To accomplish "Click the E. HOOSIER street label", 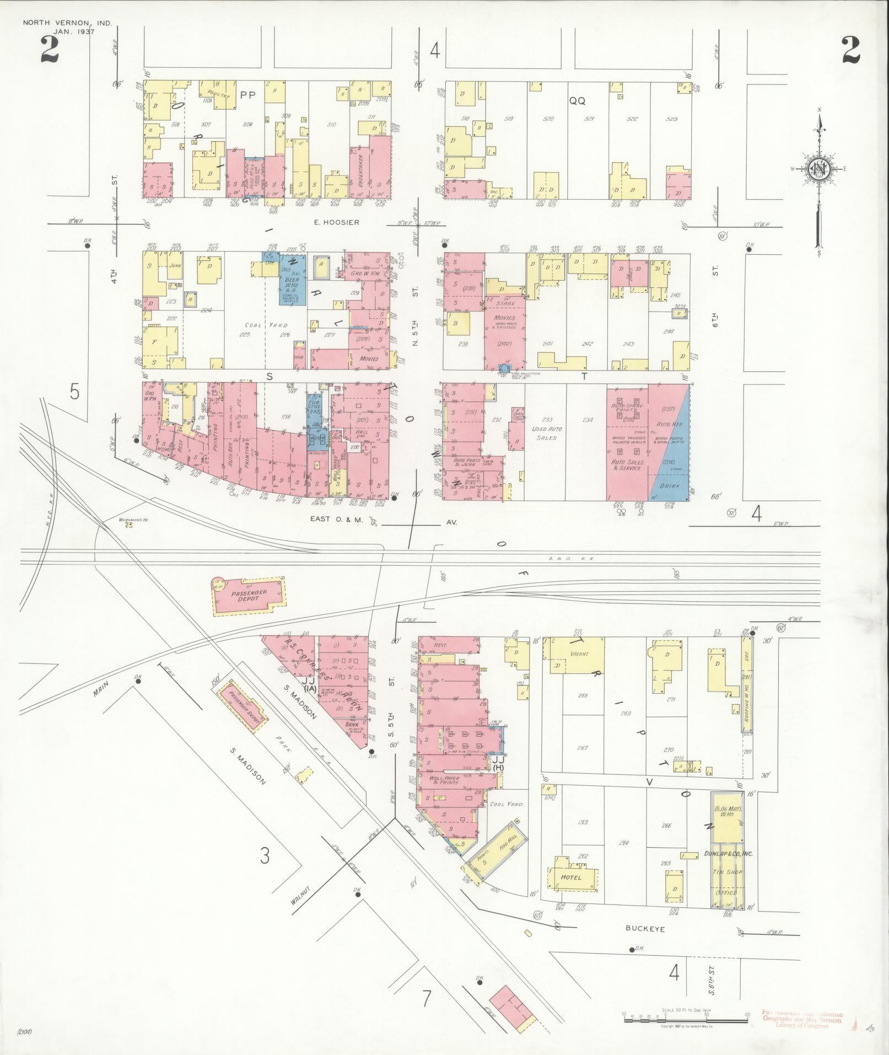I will (x=338, y=222).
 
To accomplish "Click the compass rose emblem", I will (x=819, y=169).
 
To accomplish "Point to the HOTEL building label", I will (x=571, y=877).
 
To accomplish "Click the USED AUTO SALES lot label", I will (x=546, y=433).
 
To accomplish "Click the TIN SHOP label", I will (x=725, y=872).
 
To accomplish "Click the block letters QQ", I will (x=577, y=101).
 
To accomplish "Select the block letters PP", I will (x=248, y=95).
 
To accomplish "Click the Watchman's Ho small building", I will (x=129, y=524).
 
